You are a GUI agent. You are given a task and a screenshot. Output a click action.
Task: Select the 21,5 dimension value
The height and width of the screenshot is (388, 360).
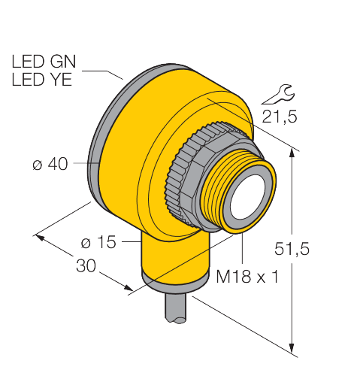(276, 116)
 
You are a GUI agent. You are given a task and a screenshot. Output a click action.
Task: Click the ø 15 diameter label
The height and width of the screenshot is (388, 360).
(97, 242)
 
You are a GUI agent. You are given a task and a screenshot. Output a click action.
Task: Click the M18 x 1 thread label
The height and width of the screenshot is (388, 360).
(247, 277)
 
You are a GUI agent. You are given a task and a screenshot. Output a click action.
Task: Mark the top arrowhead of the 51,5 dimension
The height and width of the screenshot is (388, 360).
(292, 153)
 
